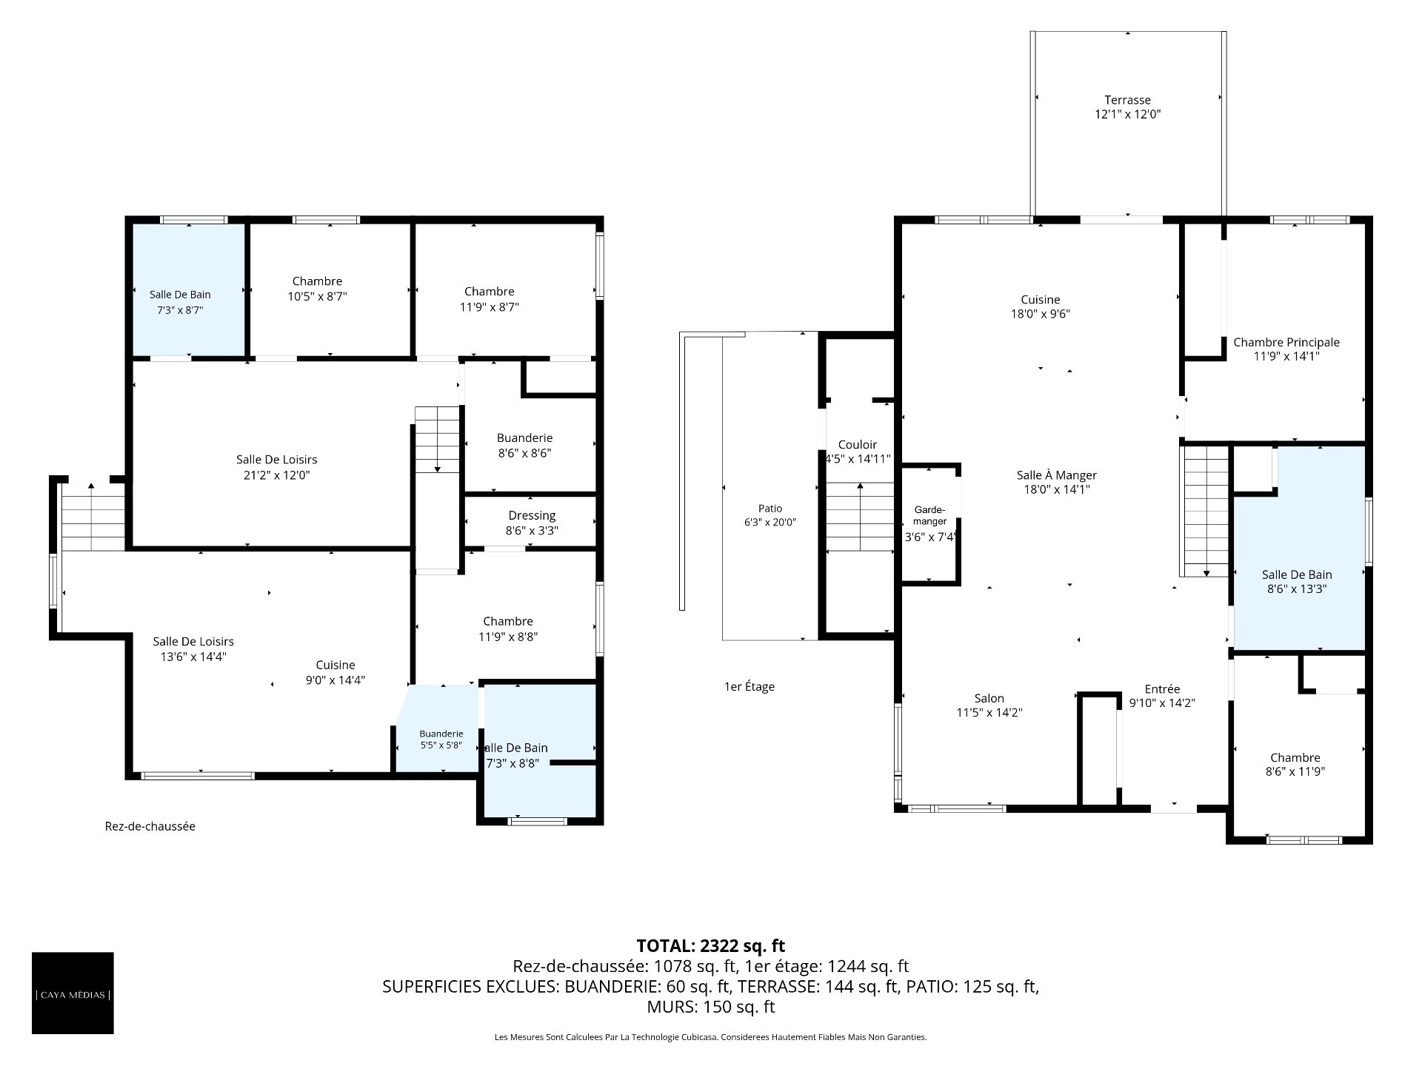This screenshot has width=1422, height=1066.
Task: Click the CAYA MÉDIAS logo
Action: (73, 993)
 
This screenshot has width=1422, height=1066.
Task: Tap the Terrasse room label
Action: (1127, 100)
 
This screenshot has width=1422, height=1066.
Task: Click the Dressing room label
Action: (532, 516)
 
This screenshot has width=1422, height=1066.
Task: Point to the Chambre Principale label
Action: (1286, 342)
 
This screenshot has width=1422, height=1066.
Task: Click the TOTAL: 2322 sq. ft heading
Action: (711, 945)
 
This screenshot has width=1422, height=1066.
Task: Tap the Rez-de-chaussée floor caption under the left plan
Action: (150, 826)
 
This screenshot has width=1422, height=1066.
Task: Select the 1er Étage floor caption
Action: (750, 686)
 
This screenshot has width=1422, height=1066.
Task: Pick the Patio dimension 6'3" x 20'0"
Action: (770, 522)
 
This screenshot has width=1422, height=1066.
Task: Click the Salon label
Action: (989, 698)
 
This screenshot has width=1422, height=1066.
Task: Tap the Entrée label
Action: (1162, 689)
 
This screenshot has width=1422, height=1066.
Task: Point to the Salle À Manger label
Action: (1057, 475)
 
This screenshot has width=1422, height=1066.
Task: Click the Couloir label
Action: (858, 444)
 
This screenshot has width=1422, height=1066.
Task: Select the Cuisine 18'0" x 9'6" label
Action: (1041, 306)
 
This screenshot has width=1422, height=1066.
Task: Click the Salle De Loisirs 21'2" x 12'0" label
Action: (277, 467)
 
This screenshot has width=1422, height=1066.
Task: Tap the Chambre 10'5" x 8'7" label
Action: (317, 288)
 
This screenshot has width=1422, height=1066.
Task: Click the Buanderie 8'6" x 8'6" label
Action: (524, 445)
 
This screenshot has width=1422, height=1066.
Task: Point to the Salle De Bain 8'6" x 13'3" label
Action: (1297, 582)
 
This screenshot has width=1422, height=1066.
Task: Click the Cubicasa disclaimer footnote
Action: (711, 1037)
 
